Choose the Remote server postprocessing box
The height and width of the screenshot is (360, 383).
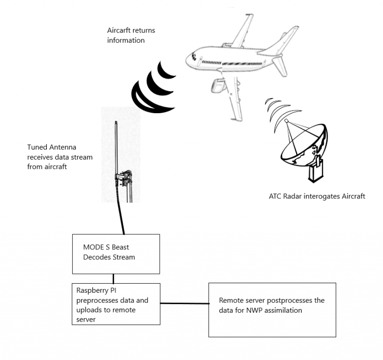pos(271,309)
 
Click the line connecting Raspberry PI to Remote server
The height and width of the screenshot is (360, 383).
pos(184,303)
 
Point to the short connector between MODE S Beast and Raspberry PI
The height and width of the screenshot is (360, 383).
pos(114,278)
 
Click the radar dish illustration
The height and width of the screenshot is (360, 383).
pos(302,145)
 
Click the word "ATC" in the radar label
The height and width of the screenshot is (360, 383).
pos(276,196)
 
